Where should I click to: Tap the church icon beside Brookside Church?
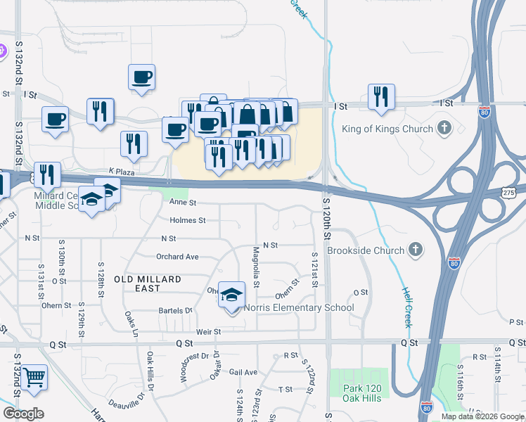tap(416, 250)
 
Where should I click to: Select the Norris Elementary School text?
tap(299, 307)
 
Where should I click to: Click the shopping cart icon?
tap(33, 378)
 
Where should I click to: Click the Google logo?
tap(23, 413)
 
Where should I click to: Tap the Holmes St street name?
tap(187, 220)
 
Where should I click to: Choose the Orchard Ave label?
tap(177, 257)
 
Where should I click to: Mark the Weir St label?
tap(204, 331)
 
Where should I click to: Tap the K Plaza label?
tap(122, 171)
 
